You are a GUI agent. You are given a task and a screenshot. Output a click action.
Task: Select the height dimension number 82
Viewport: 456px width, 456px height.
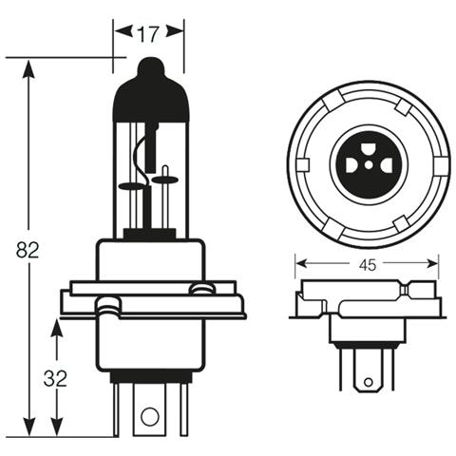pyautogui.click(x=28, y=251)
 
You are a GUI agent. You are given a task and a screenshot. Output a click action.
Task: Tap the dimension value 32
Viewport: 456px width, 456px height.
pyautogui.click(x=55, y=378)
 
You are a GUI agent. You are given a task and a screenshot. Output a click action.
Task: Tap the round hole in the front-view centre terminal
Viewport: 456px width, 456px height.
pyautogui.click(x=148, y=415)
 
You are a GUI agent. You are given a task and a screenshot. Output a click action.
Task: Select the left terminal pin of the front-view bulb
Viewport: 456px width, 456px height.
pyautogui.click(x=115, y=408)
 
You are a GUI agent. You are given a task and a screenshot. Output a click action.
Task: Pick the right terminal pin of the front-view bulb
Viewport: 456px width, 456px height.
pyautogui.click(x=181, y=408)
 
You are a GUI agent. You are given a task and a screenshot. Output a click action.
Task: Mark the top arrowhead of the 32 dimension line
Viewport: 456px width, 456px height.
pyautogui.click(x=57, y=326)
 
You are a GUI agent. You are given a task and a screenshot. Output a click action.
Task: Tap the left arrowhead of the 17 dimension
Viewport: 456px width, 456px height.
pyautogui.click(x=120, y=31)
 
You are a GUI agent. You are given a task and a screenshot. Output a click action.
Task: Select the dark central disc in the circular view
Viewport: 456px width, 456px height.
pyautogui.click(x=366, y=165)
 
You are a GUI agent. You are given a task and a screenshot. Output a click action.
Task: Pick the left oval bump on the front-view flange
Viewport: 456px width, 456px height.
pyautogui.click(x=108, y=304)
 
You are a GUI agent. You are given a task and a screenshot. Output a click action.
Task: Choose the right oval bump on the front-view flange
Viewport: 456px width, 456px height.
pyautogui.click(x=199, y=288)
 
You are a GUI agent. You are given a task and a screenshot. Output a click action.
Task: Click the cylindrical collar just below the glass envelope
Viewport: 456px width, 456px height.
pyautogui.click(x=151, y=259)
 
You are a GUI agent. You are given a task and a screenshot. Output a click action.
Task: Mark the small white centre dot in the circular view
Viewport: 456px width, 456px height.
pyautogui.click(x=366, y=166)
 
